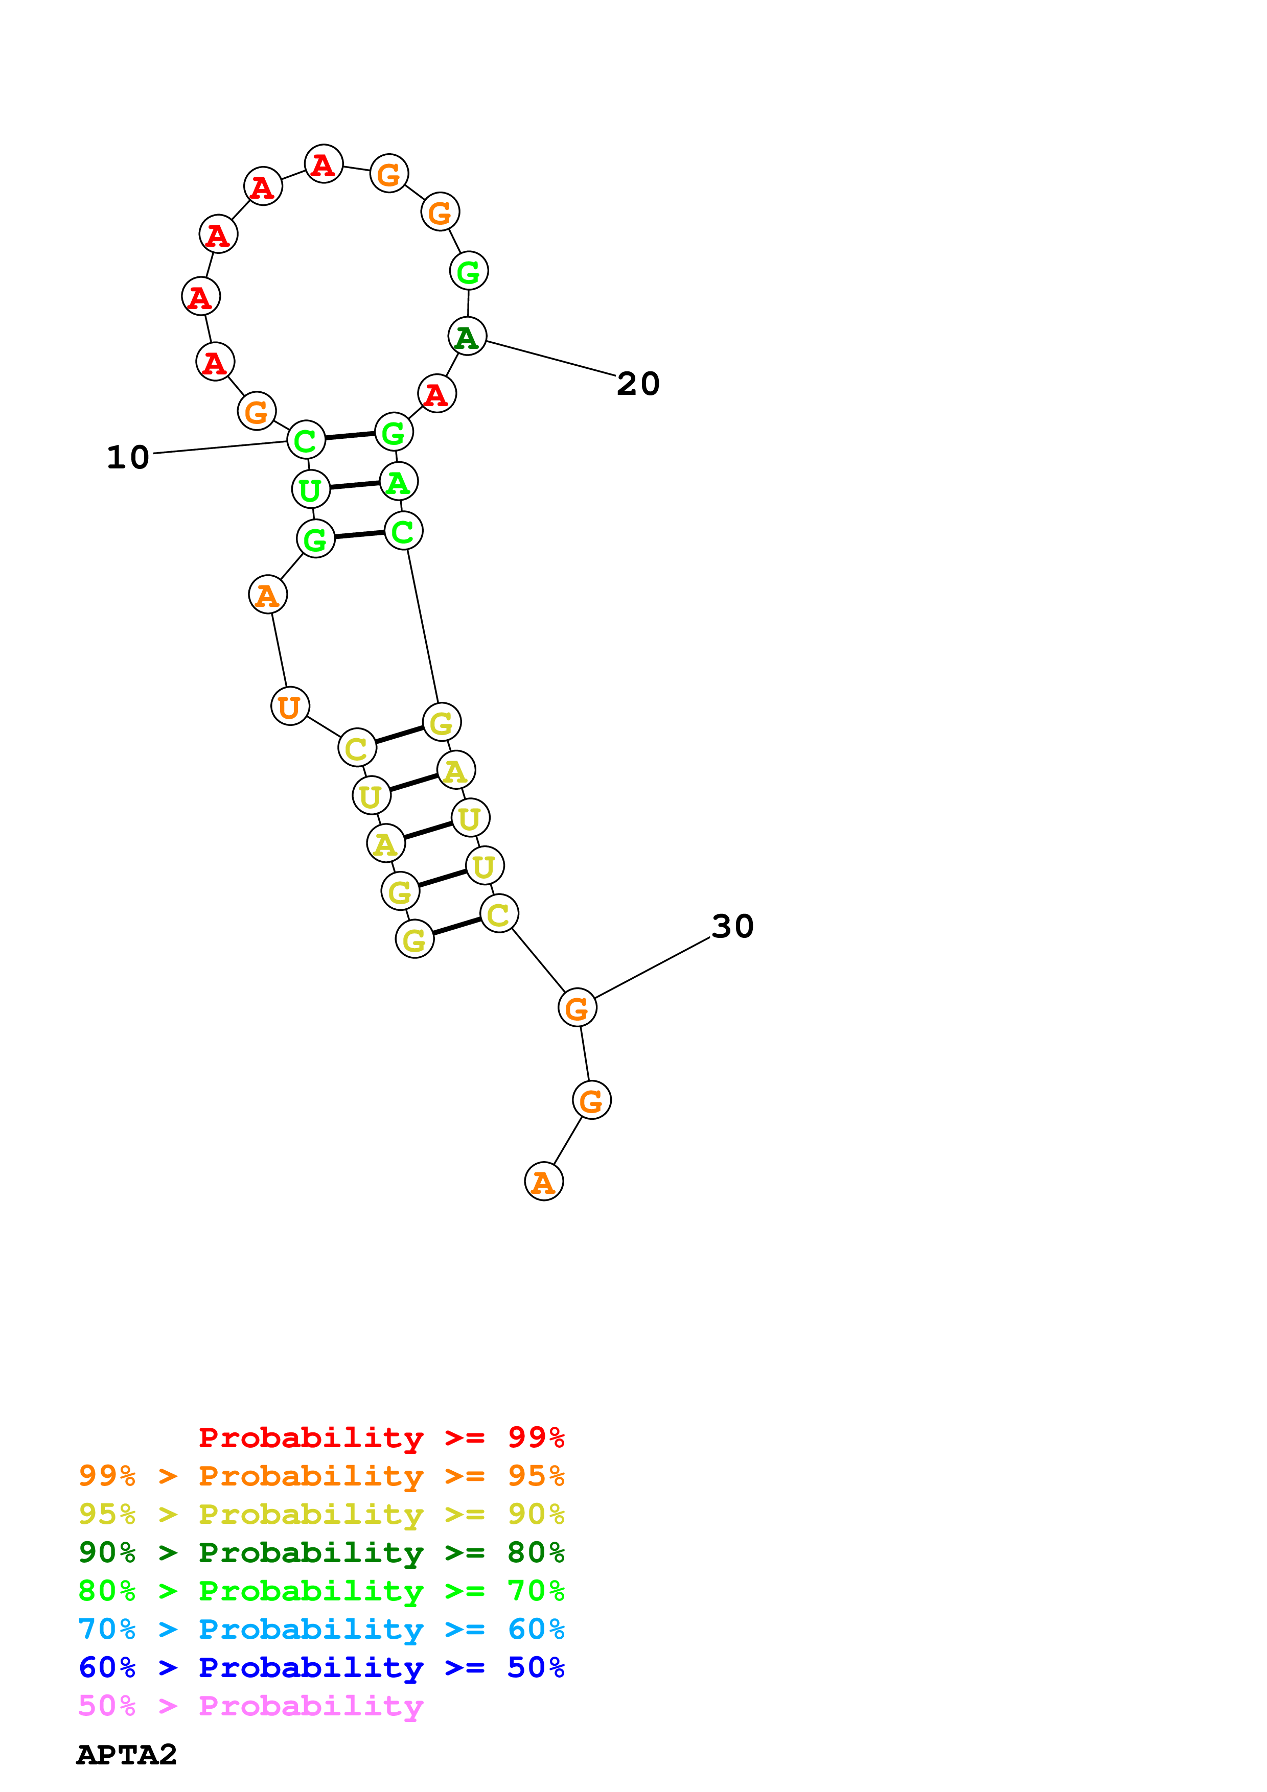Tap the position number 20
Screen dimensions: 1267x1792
coord(638,384)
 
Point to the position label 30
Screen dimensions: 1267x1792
coord(732,927)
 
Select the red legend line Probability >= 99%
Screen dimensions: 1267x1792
coord(381,1437)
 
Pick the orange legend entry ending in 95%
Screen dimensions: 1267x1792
coord(321,1476)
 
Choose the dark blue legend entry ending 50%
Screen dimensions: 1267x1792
coord(321,1667)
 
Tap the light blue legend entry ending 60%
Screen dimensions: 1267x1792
coord(321,1629)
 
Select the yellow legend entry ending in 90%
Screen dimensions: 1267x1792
coord(321,1514)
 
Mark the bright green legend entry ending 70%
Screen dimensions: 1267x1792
coord(321,1591)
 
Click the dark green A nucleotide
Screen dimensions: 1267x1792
coord(467,337)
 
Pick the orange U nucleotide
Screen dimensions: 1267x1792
coord(290,706)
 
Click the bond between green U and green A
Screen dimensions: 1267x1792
coord(354,485)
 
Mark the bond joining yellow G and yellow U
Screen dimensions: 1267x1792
coord(443,879)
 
